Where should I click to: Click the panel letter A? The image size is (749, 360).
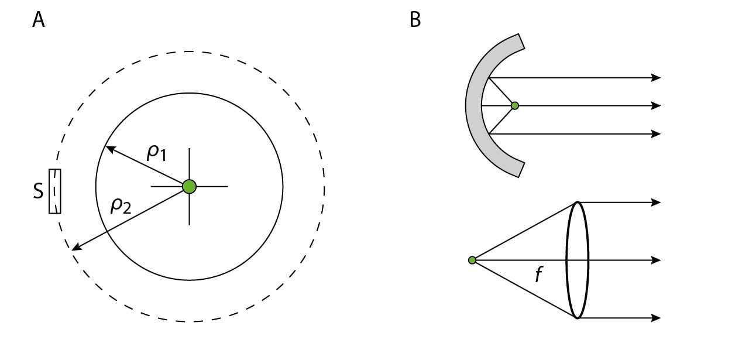(x=39, y=20)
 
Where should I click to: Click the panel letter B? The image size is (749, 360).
(x=415, y=20)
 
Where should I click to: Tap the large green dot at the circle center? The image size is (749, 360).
(x=189, y=187)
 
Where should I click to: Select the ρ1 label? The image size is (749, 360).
(x=156, y=153)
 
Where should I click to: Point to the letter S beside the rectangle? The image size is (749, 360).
(x=39, y=191)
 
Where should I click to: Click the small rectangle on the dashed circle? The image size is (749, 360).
(x=55, y=191)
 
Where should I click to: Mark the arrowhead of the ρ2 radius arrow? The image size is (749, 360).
(x=74, y=249)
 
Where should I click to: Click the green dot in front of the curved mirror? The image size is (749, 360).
(x=515, y=106)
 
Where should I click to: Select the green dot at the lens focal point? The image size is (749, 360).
(x=472, y=260)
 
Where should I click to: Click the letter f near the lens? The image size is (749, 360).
(x=540, y=275)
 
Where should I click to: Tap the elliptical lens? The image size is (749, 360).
(x=578, y=260)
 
